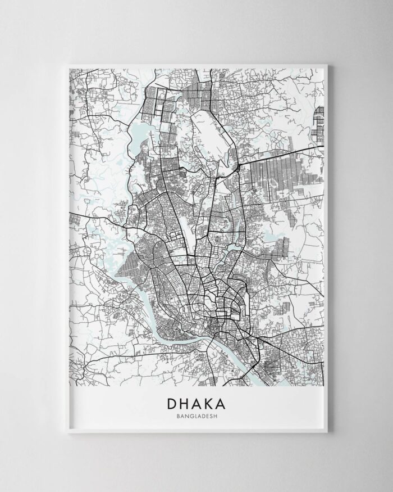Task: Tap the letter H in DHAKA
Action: (185, 404)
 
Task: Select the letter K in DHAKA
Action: (212, 404)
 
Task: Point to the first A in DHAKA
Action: (198, 404)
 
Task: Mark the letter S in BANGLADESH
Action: (211, 417)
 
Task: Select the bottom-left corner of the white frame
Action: (61, 432)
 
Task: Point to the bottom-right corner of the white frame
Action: (332, 432)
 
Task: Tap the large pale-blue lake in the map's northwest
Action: (138, 134)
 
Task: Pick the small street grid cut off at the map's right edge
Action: (319, 120)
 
